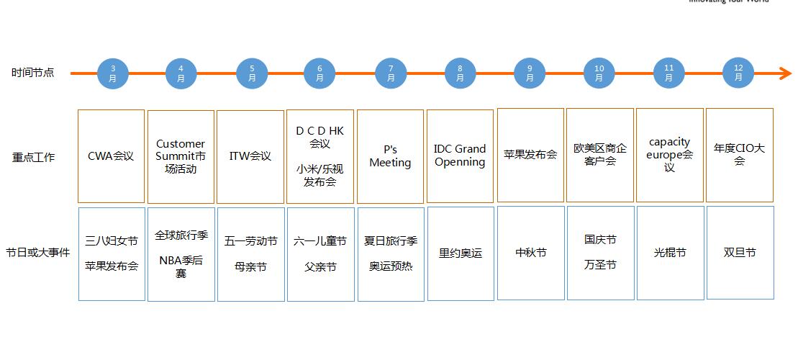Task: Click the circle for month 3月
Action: pyautogui.click(x=112, y=73)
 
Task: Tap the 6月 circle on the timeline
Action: pyautogui.click(x=320, y=73)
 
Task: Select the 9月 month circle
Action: pyautogui.click(x=530, y=73)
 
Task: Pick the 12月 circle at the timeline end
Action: pyautogui.click(x=738, y=73)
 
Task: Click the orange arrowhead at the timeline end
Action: pyautogui.click(x=786, y=73)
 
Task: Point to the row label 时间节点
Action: pyautogui.click(x=33, y=73)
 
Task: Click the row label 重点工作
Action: pyautogui.click(x=33, y=157)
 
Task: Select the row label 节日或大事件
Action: pyautogui.click(x=38, y=253)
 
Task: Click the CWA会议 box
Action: pyautogui.click(x=111, y=156)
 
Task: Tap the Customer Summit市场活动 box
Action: pyautogui.click(x=181, y=156)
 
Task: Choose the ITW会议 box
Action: pyautogui.click(x=250, y=156)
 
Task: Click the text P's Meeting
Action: pyautogui.click(x=390, y=156)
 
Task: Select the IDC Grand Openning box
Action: pyautogui.click(x=460, y=156)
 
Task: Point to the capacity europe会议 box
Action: pyautogui.click(x=669, y=155)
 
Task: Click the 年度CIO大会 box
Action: pyautogui.click(x=739, y=155)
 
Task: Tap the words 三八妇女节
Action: pyautogui.click(x=111, y=241)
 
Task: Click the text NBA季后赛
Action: pyautogui.click(x=181, y=266)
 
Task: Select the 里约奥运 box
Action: pyautogui.click(x=461, y=253)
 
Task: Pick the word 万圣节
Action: pyautogui.click(x=600, y=265)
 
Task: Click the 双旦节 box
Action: pyautogui.click(x=740, y=253)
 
